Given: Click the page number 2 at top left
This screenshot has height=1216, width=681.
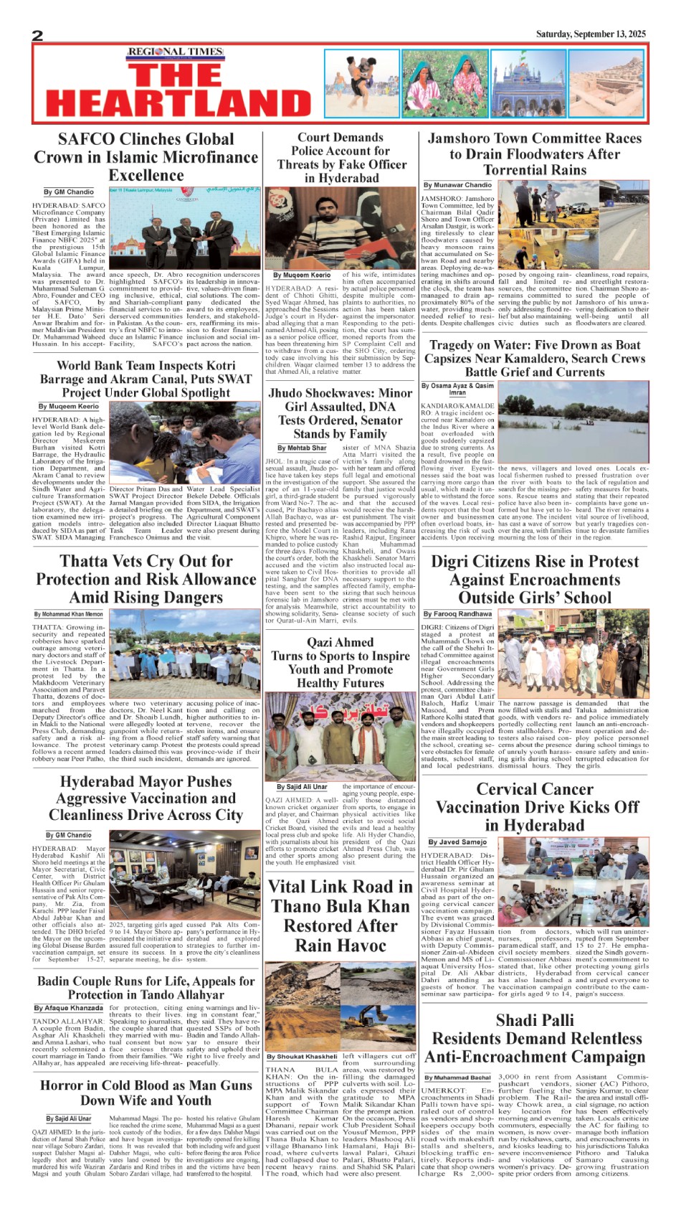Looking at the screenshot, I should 38,36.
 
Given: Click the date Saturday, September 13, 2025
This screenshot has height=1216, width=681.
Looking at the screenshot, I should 591,34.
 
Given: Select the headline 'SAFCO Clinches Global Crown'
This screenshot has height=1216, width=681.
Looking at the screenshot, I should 146,157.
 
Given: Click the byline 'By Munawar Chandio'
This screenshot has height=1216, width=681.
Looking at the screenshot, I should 457,185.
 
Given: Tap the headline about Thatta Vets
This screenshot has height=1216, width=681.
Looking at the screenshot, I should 146,579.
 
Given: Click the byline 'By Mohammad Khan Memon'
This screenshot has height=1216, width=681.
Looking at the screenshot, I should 68,614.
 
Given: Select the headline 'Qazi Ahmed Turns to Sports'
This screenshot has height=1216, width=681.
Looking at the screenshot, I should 340,662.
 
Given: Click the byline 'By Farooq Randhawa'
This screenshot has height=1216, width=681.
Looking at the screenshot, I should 457,614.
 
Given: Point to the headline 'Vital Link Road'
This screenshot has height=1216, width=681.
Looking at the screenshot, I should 340,916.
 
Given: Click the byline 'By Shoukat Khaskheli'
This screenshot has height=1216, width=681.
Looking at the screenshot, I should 302,1056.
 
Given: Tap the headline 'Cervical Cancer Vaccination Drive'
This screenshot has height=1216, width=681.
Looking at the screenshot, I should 535,807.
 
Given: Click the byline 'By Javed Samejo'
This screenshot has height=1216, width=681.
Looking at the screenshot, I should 457,842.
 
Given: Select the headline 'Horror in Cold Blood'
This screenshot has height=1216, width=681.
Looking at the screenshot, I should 146,1093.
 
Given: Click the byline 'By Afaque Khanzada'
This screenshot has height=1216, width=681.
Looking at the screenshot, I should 68,1008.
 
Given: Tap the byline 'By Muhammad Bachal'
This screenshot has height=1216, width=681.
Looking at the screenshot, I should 457,1078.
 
